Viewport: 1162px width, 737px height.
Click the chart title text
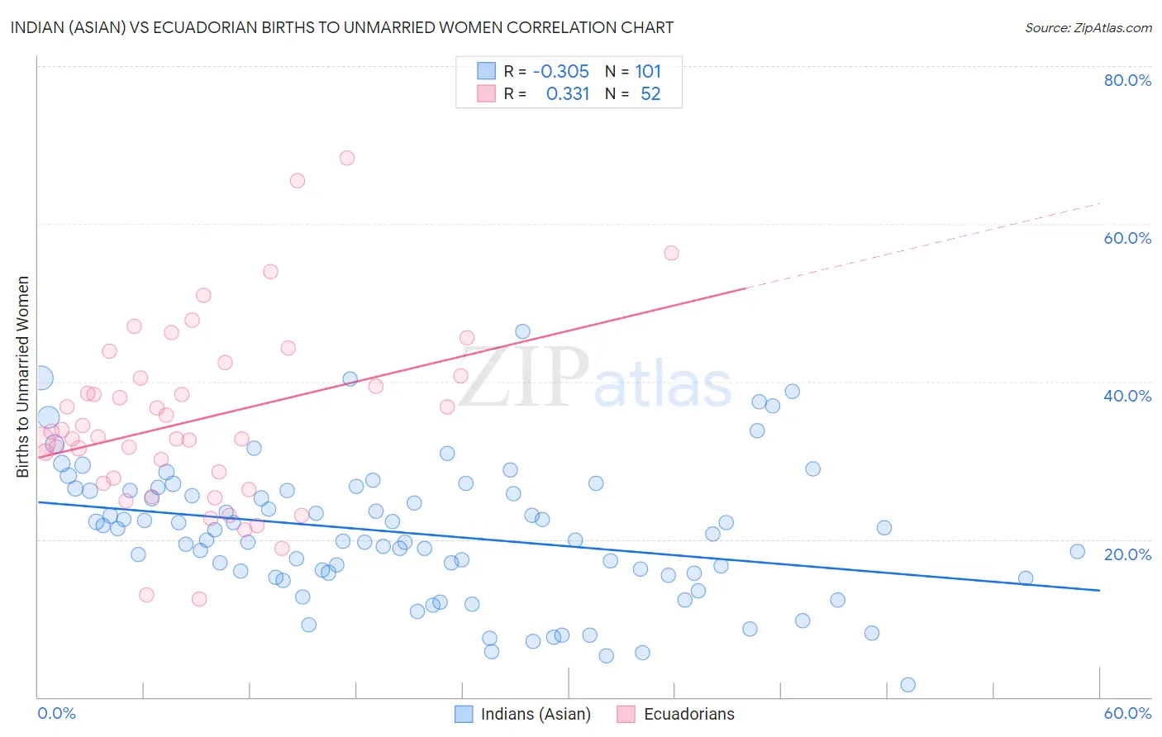(341, 27)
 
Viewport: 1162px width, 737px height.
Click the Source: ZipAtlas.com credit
(1088, 28)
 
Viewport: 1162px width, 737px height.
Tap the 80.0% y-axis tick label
(1127, 80)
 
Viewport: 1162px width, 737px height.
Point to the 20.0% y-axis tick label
(1127, 554)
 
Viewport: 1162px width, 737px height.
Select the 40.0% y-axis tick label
(1127, 396)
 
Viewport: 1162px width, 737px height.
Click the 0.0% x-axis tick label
(56, 713)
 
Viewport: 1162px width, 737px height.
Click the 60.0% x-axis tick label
(1127, 713)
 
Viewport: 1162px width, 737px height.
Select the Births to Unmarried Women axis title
(23, 377)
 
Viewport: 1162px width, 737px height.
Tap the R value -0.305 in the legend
(560, 72)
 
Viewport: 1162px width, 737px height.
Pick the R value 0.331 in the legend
(568, 94)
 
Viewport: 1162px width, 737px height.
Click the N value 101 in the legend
(648, 72)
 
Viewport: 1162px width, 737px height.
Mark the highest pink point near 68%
(347, 158)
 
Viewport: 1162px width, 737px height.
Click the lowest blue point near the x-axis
(907, 684)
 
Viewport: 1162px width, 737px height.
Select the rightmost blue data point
(1077, 552)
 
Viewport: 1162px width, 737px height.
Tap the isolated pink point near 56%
(671, 253)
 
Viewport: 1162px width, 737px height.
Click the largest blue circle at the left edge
(40, 378)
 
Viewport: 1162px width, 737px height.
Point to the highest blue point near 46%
(522, 331)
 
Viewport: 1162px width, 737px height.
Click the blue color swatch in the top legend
(486, 72)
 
